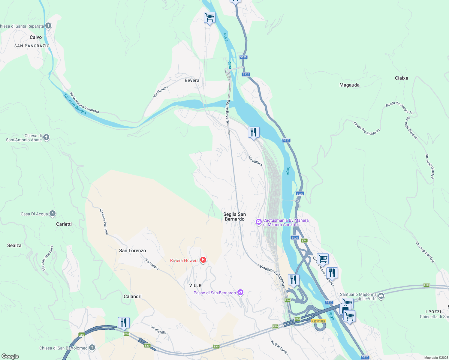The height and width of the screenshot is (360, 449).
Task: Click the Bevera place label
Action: pos(192,80)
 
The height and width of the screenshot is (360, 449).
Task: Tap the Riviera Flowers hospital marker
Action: pos(203,260)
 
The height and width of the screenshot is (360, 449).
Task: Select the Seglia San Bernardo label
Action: pos(234,217)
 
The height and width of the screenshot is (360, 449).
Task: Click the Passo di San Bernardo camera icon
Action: pos(240,292)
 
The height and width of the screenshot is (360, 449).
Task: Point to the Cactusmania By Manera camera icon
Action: pos(258,222)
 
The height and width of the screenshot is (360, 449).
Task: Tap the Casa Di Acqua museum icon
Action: pos(53,214)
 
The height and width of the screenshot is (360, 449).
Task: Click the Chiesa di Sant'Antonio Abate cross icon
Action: pos(46,137)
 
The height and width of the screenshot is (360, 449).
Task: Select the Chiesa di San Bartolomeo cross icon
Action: pos(92,348)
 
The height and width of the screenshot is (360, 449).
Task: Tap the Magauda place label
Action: pos(349,85)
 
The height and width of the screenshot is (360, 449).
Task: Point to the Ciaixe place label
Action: pos(401,78)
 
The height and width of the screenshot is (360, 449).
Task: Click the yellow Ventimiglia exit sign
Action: pos(318,321)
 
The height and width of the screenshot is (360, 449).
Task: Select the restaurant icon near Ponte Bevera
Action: pos(254,132)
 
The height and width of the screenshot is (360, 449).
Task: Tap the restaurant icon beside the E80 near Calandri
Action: pos(124,323)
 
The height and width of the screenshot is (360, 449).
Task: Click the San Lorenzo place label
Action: pos(132,250)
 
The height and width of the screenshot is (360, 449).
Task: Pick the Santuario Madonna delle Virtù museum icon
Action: pos(381,296)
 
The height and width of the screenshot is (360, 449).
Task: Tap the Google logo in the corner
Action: pos(10,356)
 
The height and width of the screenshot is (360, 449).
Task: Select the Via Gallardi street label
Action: pos(255,161)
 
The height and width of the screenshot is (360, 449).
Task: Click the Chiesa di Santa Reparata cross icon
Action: pos(48,26)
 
